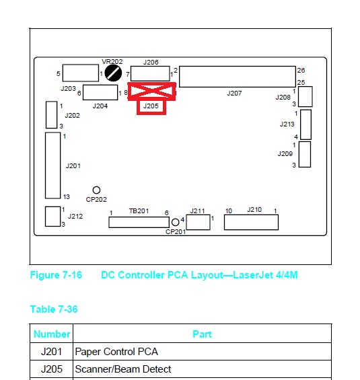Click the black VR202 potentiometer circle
click(x=113, y=73)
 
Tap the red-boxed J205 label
click(x=151, y=106)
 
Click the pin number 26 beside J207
click(x=301, y=70)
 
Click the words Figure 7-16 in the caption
click(x=56, y=275)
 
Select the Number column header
click(x=52, y=334)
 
